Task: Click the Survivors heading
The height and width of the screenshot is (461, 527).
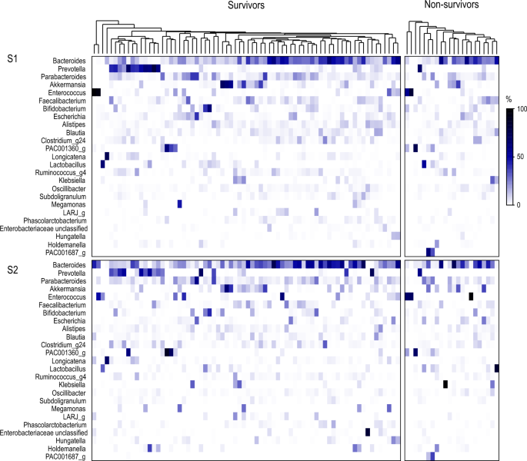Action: (x=249, y=6)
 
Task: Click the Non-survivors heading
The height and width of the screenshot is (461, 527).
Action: (x=452, y=5)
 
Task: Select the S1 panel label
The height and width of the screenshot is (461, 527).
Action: (x=13, y=59)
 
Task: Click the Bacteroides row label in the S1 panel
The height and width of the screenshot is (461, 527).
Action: (x=66, y=60)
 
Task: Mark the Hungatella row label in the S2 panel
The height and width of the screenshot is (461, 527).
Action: (x=68, y=440)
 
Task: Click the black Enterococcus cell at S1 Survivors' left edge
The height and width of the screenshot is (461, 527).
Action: (x=96, y=93)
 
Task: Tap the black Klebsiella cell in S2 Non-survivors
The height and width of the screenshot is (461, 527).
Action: (x=445, y=384)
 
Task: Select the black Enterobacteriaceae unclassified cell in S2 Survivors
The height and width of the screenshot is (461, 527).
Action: (x=367, y=433)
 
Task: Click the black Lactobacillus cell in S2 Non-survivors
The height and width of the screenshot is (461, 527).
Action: (x=497, y=368)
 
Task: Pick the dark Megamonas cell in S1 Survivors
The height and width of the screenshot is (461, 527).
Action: (x=179, y=204)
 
